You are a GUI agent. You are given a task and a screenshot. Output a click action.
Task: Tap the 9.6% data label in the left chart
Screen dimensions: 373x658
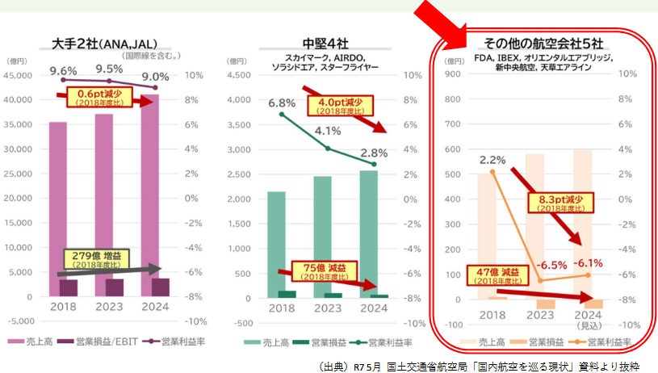[x=62, y=72]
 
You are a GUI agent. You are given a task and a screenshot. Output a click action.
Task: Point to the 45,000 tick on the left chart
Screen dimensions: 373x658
[x=19, y=76]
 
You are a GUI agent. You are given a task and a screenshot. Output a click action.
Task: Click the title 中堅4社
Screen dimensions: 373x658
[x=324, y=44]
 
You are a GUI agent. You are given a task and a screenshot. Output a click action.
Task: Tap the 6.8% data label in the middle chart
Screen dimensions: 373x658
[x=281, y=103]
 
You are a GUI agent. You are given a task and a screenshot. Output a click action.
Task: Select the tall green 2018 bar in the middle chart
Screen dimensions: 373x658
[x=276, y=242]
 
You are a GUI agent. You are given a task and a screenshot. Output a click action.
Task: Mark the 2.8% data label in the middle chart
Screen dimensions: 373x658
[x=374, y=153]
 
